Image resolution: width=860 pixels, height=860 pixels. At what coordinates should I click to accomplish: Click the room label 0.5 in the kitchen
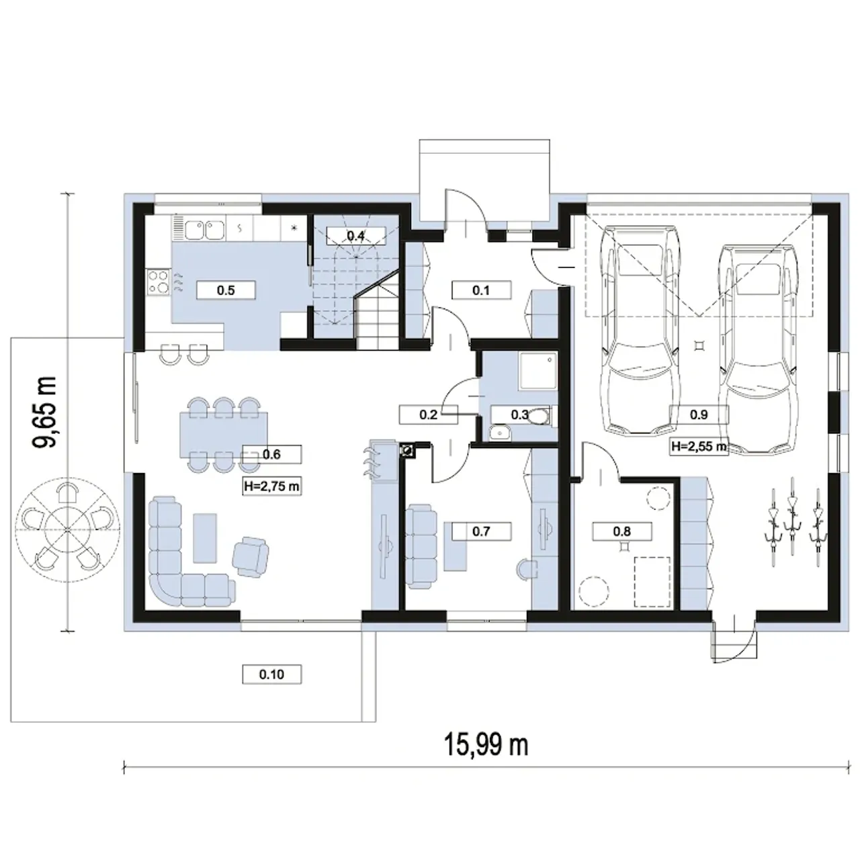coord(226,290)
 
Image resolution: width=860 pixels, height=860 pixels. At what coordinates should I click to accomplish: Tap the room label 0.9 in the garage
coord(699,415)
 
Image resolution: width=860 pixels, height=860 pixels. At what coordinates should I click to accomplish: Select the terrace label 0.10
coord(271,675)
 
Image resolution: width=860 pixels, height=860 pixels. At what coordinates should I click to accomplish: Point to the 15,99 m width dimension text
coord(486,745)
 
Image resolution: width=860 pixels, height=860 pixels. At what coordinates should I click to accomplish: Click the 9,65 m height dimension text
coord(45,412)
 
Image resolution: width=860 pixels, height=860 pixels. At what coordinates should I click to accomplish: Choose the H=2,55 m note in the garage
coord(699,446)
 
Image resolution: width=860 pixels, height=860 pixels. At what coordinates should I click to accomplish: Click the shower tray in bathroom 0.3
coord(537,372)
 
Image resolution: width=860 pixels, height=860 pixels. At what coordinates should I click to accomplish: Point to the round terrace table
coord(67,529)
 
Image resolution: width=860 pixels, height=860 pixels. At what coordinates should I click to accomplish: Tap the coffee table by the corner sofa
coord(205,537)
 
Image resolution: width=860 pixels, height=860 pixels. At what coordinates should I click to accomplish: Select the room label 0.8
coord(621,531)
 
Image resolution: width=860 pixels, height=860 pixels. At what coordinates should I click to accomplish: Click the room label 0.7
coord(481,531)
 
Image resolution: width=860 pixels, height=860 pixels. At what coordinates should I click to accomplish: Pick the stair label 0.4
coord(355,236)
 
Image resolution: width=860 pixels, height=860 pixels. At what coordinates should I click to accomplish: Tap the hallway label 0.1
coord(481,290)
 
